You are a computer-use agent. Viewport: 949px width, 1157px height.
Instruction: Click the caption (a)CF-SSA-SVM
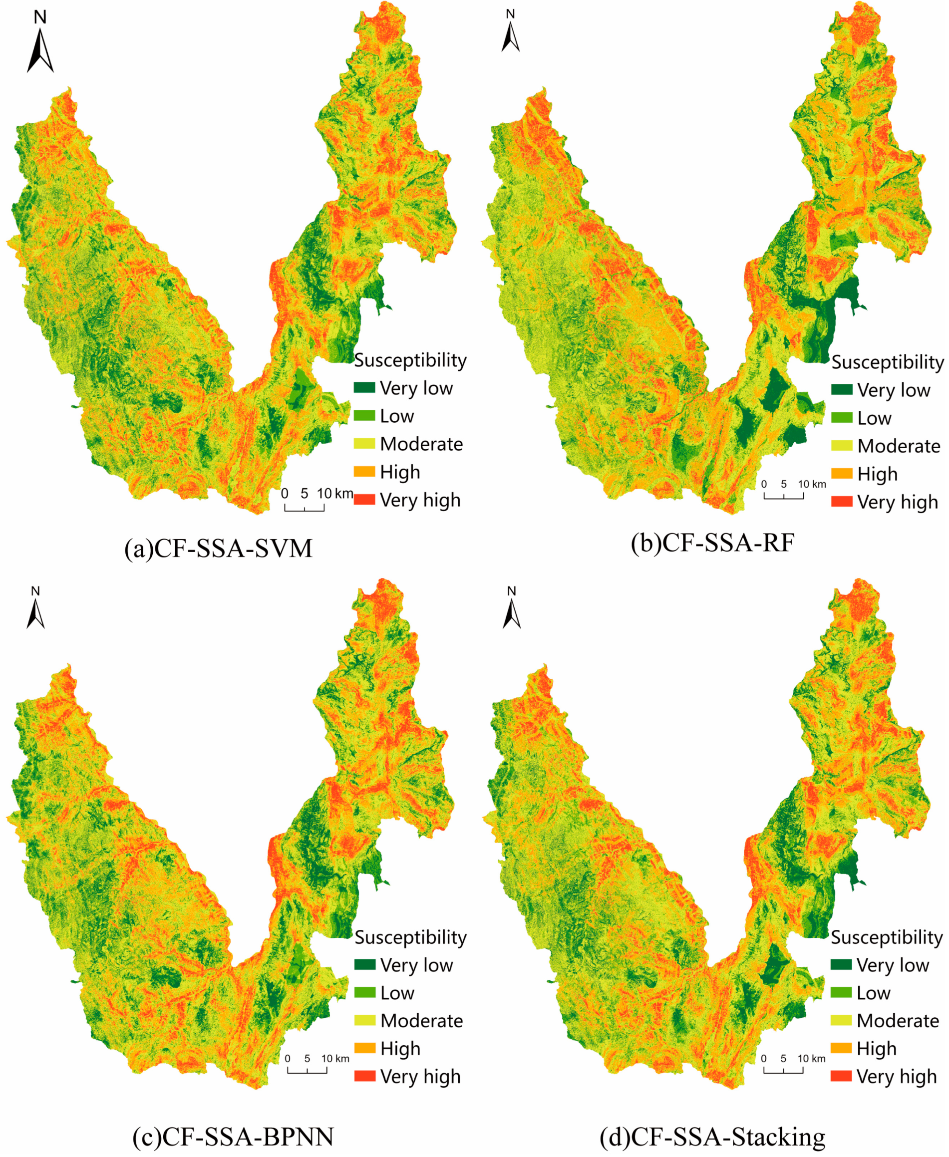(218, 549)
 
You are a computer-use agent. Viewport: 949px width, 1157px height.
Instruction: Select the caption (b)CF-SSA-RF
(712, 543)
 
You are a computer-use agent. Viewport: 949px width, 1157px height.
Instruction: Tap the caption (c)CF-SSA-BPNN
(233, 1137)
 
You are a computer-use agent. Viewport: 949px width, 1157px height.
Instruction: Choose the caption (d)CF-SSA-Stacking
(712, 1137)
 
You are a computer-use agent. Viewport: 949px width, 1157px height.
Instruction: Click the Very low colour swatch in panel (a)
(364, 387)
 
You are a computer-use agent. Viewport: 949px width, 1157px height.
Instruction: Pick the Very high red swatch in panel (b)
(842, 502)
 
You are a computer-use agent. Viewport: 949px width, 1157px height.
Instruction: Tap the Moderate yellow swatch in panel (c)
(364, 1020)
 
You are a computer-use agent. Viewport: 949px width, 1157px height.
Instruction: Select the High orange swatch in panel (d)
(841, 1048)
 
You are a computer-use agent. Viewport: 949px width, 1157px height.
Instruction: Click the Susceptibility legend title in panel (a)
(410, 360)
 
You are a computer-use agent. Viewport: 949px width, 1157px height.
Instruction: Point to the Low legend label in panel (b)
(874, 418)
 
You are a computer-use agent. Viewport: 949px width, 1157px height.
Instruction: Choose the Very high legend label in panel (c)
(420, 1077)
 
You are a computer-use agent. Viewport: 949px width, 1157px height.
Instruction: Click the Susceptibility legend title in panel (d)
(887, 937)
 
